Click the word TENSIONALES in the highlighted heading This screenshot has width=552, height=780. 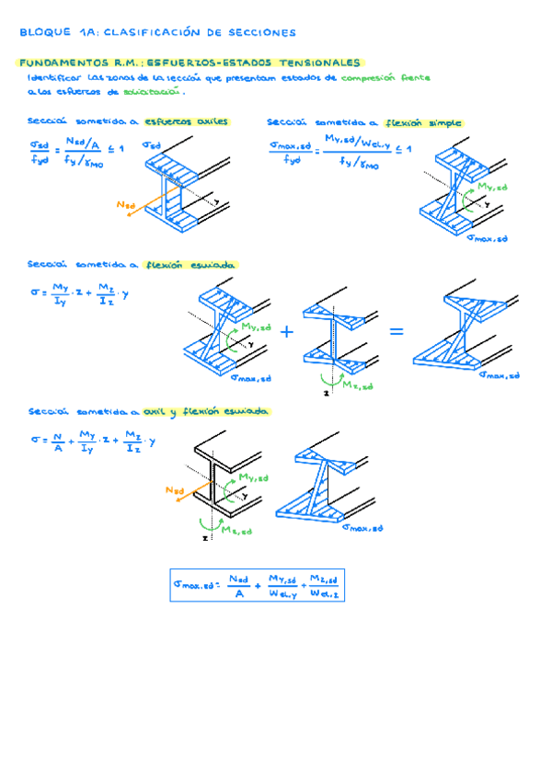click(318, 63)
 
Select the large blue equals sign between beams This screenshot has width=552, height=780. click(397, 331)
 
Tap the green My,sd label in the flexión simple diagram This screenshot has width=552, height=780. click(491, 187)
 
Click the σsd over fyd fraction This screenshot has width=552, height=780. click(40, 151)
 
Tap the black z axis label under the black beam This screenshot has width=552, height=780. click(204, 538)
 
